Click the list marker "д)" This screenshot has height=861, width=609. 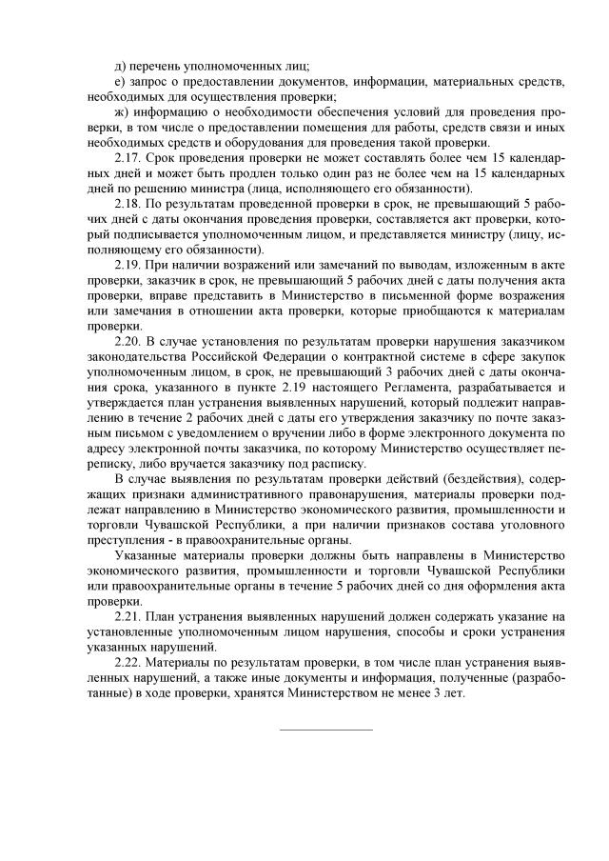point(119,66)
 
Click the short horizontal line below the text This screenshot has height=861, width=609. point(325,731)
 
